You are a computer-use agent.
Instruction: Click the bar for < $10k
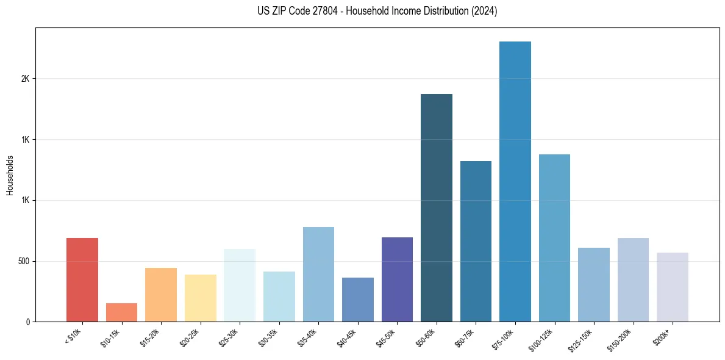coord(82,279)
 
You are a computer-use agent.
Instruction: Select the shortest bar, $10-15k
coord(121,312)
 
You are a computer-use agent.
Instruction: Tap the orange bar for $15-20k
coord(161,295)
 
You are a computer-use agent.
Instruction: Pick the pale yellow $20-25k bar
coord(201,298)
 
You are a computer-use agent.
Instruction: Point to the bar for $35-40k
coord(318,274)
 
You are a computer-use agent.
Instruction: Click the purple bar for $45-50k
coord(397,279)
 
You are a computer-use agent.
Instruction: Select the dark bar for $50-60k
coord(437,207)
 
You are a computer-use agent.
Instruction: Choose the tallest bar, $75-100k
coord(515,181)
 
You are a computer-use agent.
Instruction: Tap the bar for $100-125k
coord(554,238)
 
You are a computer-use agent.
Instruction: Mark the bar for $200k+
coord(673,287)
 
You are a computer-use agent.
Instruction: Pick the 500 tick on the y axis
coord(23,261)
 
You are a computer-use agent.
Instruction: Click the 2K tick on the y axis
coord(26,79)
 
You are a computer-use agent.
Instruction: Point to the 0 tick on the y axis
coord(28,322)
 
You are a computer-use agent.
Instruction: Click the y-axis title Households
coord(10,175)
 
